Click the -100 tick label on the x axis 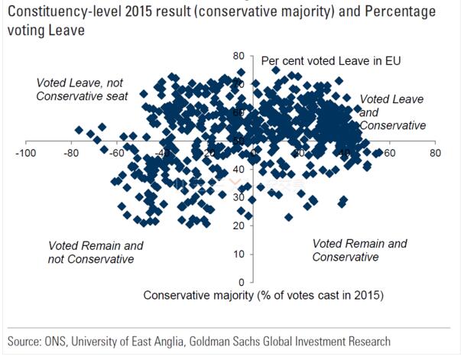(27, 154)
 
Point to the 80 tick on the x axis (435, 154)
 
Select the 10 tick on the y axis (239, 254)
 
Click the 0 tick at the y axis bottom (241, 282)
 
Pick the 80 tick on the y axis (239, 57)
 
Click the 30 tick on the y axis (239, 197)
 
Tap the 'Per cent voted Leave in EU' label (331, 60)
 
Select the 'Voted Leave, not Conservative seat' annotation (81, 89)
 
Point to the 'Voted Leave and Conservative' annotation (391, 112)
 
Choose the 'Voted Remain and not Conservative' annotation (96, 252)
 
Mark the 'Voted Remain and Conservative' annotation (360, 250)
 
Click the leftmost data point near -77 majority (79, 130)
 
